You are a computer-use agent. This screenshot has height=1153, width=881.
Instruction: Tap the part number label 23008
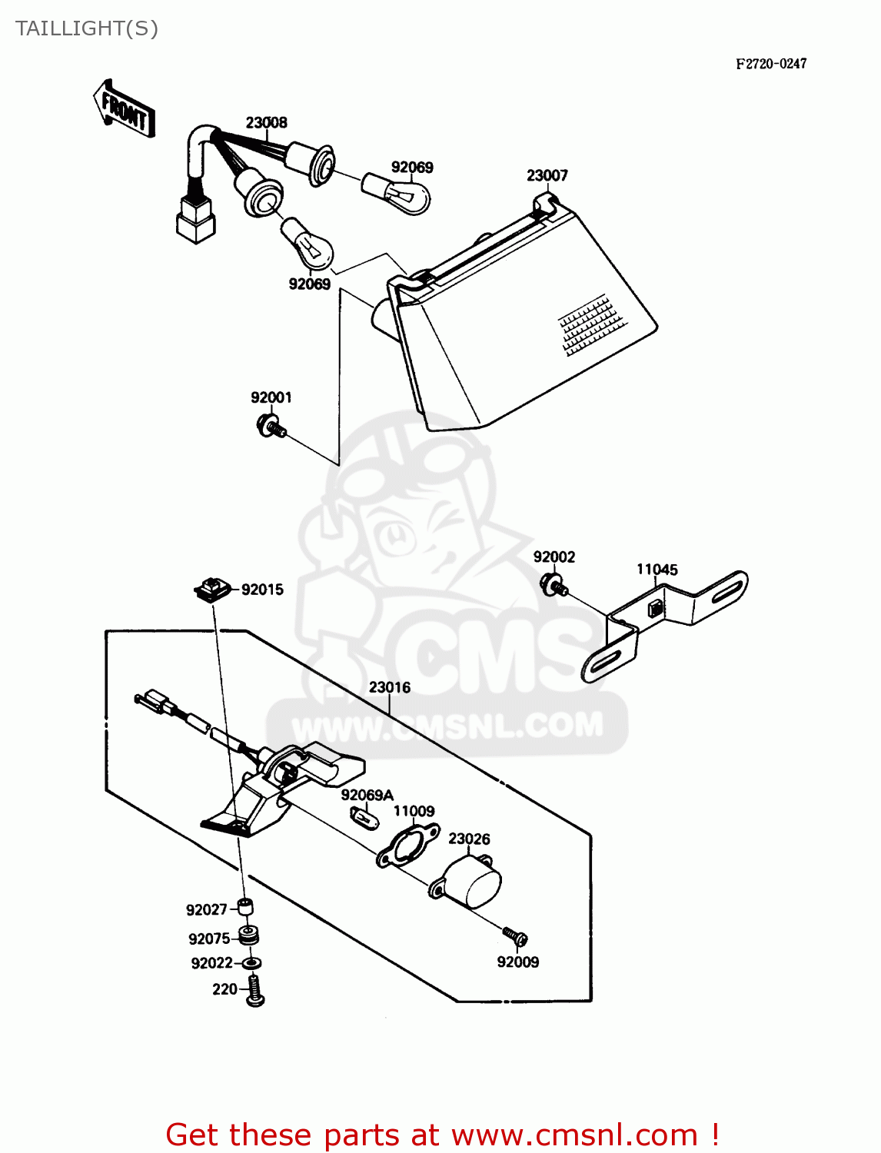(x=266, y=122)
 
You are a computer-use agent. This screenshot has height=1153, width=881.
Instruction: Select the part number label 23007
(x=547, y=175)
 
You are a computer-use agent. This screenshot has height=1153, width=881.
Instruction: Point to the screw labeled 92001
(x=271, y=425)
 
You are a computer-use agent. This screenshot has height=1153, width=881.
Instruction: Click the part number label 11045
(x=657, y=570)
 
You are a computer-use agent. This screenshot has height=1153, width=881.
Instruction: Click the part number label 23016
(x=389, y=687)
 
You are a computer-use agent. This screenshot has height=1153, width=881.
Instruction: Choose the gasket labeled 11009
(x=407, y=846)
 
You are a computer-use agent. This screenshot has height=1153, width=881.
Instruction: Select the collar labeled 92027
(x=245, y=907)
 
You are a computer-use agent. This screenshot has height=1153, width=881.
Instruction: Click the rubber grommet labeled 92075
(x=248, y=936)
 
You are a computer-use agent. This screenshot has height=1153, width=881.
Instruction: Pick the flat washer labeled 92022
(x=251, y=963)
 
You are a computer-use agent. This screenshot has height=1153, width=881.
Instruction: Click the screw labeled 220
(x=255, y=992)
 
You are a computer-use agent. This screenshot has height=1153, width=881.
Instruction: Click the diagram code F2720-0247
(x=771, y=64)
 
